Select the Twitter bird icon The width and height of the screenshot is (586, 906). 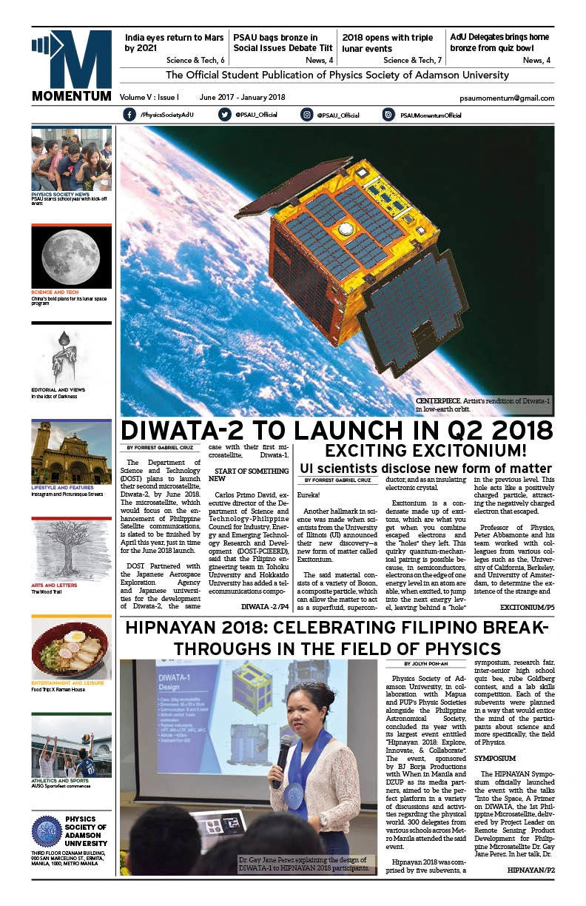[225, 115]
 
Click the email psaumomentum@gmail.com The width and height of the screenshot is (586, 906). [516, 98]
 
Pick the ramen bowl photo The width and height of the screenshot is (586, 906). [71, 649]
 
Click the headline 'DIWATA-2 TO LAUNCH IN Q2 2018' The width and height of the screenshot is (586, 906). [337, 431]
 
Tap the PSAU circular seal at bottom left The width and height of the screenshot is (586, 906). [47, 831]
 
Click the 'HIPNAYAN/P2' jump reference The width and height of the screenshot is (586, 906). [531, 869]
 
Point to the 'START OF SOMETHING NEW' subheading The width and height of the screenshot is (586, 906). [248, 474]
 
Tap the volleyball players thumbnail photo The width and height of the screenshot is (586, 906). [71, 745]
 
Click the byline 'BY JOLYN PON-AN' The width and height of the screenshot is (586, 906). [428, 664]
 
